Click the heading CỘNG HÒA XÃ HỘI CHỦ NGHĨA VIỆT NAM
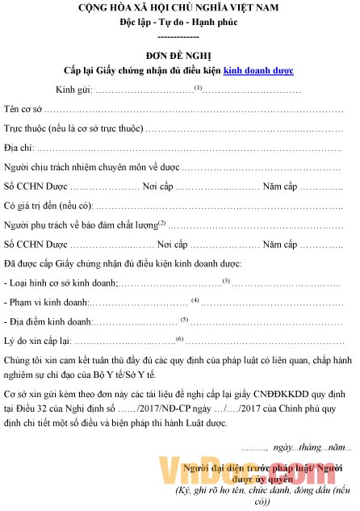[179, 9]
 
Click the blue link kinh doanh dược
[258, 71]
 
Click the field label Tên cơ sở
[23, 108]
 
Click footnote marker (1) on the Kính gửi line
[198, 86]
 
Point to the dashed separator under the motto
[179, 36]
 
